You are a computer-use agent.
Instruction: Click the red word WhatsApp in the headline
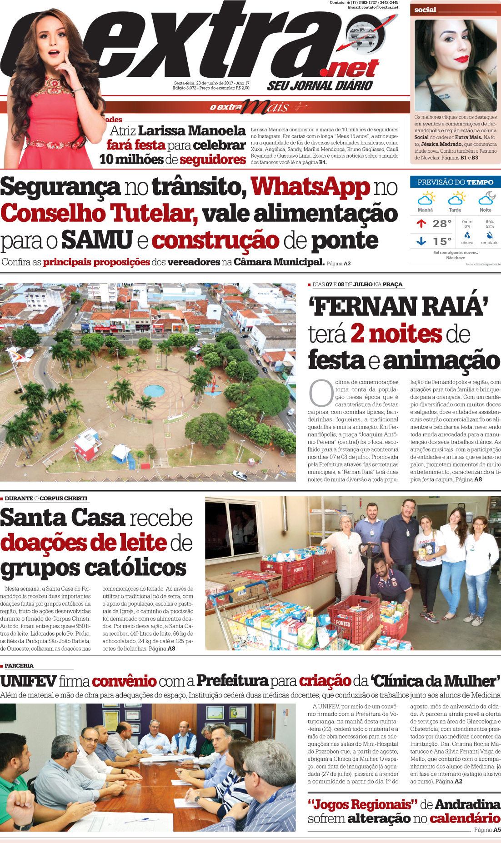[311, 187]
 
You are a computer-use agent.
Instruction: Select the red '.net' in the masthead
[349, 69]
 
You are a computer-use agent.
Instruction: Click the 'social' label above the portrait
[425, 10]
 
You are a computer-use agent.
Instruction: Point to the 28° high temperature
[441, 224]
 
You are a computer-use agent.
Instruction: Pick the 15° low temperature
[441, 241]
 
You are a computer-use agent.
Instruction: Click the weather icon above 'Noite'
[486, 198]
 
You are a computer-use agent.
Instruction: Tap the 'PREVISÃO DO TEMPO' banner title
[455, 182]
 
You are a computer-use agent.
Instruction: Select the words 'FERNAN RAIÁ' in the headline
[398, 307]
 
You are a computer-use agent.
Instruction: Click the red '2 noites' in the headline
[396, 334]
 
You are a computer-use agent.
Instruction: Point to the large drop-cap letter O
[321, 393]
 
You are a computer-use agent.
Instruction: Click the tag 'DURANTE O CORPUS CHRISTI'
[46, 499]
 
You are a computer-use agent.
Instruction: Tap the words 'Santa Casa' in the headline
[62, 518]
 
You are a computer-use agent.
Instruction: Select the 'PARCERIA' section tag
[19, 666]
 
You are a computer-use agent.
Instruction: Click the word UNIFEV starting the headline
[28, 681]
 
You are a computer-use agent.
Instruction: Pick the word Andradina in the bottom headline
[467, 805]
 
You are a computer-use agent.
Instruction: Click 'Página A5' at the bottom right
[487, 830]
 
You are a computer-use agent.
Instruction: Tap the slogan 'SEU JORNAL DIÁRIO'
[320, 85]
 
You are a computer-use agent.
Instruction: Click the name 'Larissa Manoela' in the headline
[191, 131]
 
